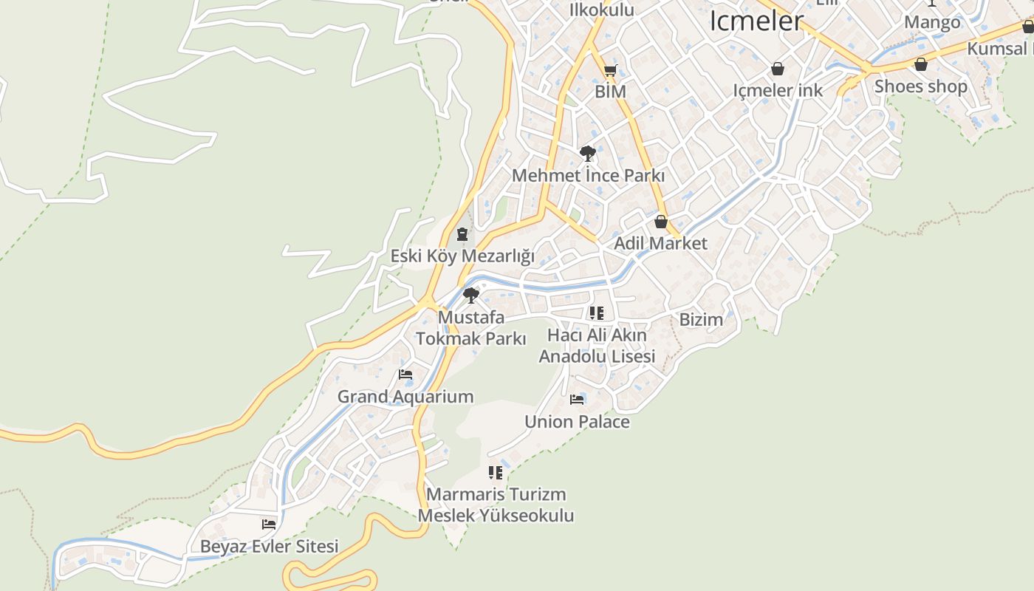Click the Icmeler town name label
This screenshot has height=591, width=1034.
(x=756, y=21)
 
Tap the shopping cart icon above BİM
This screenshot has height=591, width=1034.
(x=610, y=71)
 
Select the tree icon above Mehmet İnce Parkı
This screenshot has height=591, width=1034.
(x=588, y=154)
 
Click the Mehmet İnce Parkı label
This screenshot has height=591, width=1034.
(x=588, y=176)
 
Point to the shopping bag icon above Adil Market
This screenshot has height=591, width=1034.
(x=661, y=222)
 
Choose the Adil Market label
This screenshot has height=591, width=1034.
(x=661, y=243)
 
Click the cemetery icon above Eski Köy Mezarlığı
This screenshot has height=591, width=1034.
(x=462, y=235)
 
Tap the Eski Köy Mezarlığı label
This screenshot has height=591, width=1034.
(x=462, y=256)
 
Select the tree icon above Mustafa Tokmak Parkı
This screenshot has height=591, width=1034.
(x=470, y=295)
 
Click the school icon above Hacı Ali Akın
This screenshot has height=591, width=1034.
(x=597, y=313)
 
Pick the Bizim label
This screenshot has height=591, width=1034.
(x=701, y=320)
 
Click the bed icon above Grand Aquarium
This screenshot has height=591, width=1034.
(x=405, y=375)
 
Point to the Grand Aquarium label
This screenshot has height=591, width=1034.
(x=405, y=397)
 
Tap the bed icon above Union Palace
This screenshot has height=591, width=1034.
(x=577, y=400)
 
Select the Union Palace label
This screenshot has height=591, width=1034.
(x=577, y=422)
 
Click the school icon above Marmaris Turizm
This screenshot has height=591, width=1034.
(x=496, y=472)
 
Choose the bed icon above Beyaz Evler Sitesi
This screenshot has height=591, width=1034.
(x=269, y=525)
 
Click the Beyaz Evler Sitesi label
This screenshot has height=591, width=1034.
(x=269, y=547)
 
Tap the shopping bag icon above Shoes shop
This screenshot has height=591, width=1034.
(x=920, y=64)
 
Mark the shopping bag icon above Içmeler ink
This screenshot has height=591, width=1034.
(x=777, y=69)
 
